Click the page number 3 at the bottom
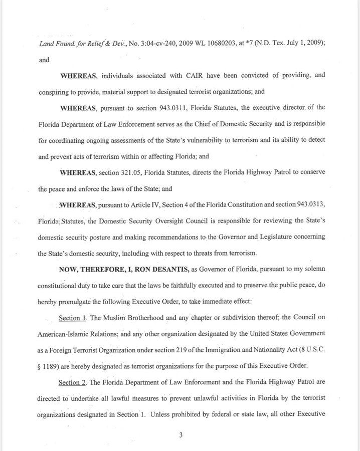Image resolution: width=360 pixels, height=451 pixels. click(180, 435)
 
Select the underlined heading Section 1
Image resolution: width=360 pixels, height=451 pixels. click(74, 318)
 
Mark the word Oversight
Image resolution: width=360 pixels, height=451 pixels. click(175, 221)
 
